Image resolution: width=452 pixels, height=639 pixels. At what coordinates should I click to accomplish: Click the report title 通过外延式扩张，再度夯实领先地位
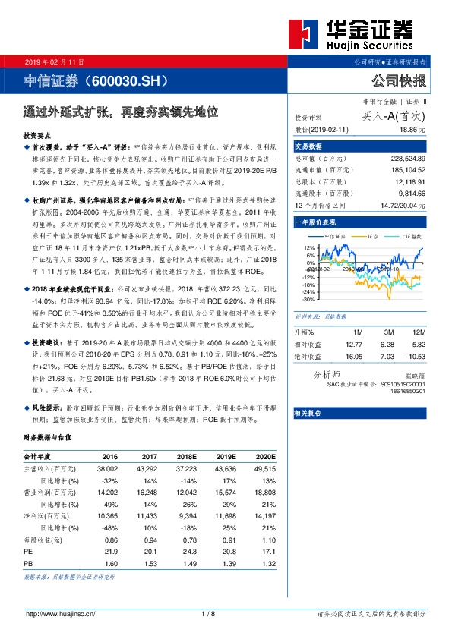pyautogui.click(x=121, y=112)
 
